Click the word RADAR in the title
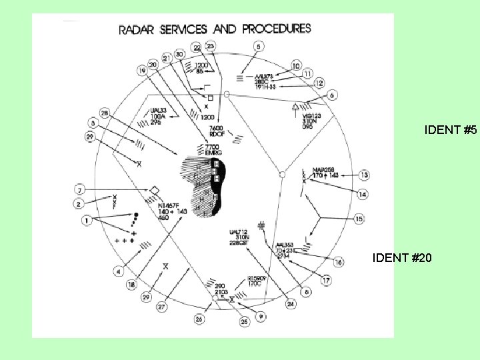137,30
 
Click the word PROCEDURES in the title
277,29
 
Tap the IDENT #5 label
450,131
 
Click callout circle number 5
259,47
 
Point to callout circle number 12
319,83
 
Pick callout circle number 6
332,96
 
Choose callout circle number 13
364,175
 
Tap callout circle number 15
359,219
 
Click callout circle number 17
326,281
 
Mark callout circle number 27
161,308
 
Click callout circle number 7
79,191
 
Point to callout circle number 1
85,220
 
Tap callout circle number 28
105,113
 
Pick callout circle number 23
211,45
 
